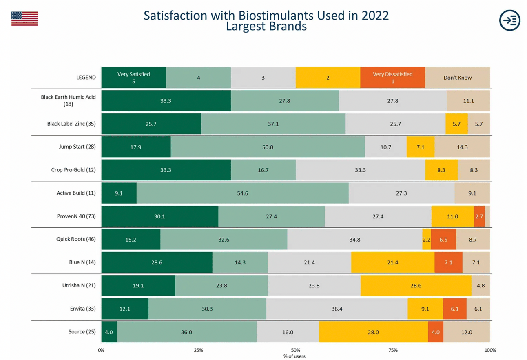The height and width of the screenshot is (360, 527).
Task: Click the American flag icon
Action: point(24,19)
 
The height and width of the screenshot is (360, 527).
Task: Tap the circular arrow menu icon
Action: point(509,20)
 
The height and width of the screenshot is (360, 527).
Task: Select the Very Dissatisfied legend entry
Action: point(392,77)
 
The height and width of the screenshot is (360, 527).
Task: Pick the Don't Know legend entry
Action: point(457,78)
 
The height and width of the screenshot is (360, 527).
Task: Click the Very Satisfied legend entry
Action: point(133,77)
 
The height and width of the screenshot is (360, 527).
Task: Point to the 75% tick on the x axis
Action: point(393,350)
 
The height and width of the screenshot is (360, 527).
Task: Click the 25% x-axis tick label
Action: point(198,350)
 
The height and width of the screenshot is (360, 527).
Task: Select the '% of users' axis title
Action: point(294,356)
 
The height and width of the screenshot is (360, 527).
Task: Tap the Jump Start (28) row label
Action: point(77,147)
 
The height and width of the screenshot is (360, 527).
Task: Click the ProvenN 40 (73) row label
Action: point(76,216)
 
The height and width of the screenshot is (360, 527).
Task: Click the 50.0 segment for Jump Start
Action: point(268,147)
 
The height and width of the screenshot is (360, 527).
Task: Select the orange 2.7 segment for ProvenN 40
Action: point(479,216)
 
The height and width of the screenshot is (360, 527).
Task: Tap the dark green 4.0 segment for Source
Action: point(109,332)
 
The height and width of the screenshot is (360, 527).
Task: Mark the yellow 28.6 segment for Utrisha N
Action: point(416,286)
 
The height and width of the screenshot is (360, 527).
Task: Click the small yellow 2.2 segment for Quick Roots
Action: point(426,240)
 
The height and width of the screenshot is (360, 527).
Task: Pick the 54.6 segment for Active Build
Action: point(242,193)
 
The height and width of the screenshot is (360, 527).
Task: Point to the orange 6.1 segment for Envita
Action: point(454,309)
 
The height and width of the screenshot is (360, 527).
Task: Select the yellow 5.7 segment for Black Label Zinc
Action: point(456,124)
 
